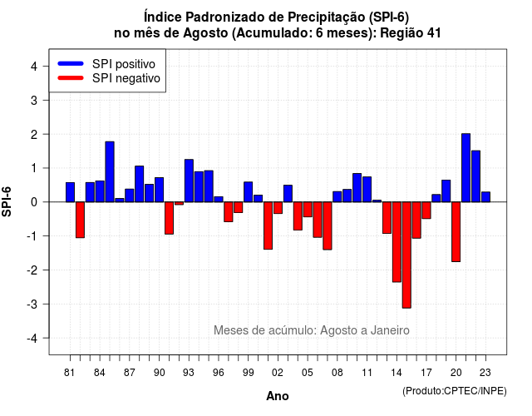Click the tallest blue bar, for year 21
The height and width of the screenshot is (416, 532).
tap(465, 168)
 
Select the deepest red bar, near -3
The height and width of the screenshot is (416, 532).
tap(406, 255)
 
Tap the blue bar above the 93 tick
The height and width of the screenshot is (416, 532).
tap(189, 181)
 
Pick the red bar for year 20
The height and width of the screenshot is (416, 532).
tap(456, 231)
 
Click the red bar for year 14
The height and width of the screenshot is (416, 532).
tap(397, 242)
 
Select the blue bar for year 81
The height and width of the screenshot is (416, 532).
tap(70, 192)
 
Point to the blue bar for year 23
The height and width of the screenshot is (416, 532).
tap(485, 197)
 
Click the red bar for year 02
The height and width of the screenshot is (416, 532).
tap(278, 207)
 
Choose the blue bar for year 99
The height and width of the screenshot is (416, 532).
tap(249, 192)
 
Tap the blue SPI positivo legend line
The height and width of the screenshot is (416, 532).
tap(71, 63)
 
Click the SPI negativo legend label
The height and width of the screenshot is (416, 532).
tap(126, 78)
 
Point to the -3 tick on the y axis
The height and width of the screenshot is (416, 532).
tap(46, 304)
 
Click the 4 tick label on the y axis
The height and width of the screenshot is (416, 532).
tap(34, 67)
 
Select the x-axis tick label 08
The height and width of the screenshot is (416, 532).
tap(337, 373)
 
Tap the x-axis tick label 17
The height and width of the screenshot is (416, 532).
tap(426, 373)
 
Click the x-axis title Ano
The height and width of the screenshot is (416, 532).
tap(278, 396)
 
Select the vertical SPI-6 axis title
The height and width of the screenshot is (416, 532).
tap(7, 201)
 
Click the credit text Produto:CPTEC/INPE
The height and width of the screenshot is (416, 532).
tap(455, 391)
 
